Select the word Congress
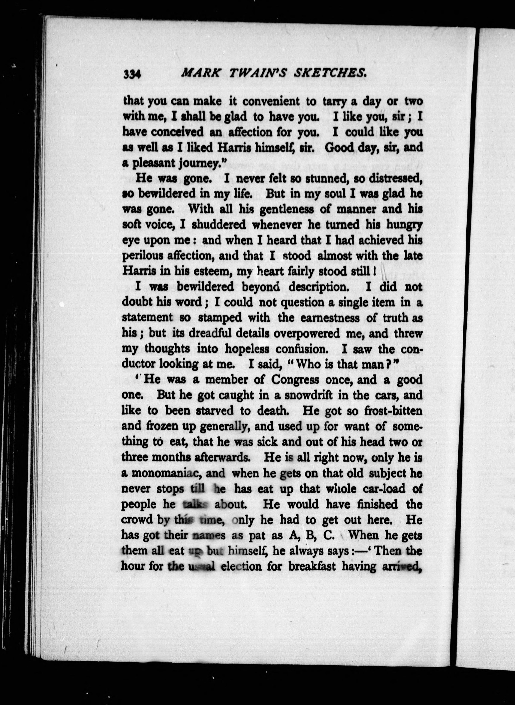295,380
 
